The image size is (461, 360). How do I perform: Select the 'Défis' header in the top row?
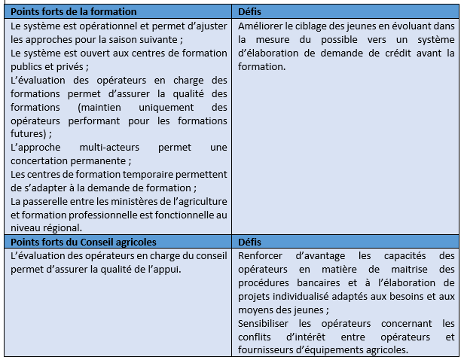click(249, 12)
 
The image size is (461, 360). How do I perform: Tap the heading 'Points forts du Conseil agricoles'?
click(84, 243)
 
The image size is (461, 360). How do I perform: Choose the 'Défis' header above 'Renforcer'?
click(249, 243)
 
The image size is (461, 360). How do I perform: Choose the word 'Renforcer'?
click(261, 256)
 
